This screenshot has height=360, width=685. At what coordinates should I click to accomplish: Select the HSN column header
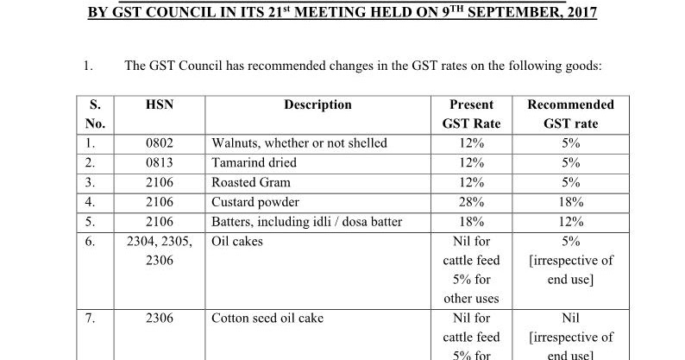tap(160, 104)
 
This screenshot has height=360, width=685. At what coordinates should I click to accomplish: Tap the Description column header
tap(317, 104)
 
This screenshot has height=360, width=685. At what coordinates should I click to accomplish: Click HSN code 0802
tap(160, 143)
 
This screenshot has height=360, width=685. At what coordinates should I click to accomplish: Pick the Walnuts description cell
tap(299, 143)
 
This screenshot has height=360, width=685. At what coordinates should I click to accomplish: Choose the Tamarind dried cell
tap(254, 162)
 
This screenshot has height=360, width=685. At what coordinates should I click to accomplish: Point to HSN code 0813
tap(160, 162)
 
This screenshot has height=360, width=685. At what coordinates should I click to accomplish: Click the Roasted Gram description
tap(251, 182)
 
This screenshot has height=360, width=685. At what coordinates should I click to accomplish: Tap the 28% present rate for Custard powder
tap(471, 202)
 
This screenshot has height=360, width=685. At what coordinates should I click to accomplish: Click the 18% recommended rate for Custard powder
tap(570, 202)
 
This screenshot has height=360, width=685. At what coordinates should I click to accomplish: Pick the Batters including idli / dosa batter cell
tap(306, 222)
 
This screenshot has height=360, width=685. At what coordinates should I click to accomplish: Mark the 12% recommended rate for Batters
tap(570, 222)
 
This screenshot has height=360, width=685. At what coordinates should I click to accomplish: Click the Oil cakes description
tap(237, 242)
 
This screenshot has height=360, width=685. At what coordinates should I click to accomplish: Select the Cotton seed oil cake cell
tap(267, 319)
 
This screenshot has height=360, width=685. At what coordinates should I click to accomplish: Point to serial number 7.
tap(91, 319)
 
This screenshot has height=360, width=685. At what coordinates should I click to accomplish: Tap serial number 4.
tap(91, 202)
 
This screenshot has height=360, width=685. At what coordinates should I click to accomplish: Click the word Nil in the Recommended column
tap(570, 319)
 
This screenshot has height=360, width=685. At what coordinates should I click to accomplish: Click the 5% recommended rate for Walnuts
tap(570, 143)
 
